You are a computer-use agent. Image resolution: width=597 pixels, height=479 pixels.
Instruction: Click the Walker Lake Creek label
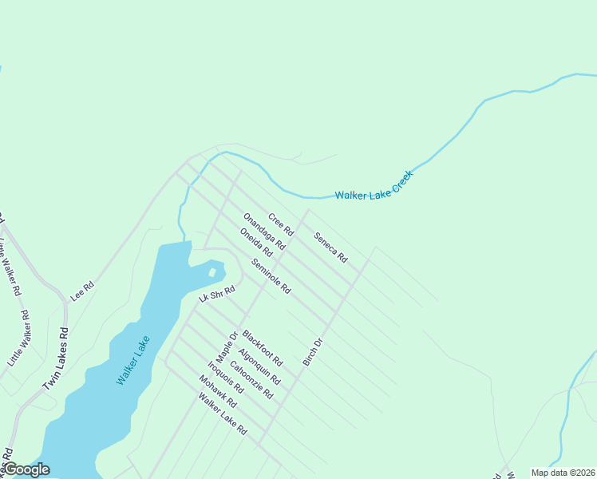374,186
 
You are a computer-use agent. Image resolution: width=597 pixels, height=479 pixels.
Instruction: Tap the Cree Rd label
281,224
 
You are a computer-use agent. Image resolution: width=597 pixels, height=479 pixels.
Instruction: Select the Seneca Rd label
330,247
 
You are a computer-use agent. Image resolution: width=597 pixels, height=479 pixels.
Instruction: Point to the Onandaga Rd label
264,232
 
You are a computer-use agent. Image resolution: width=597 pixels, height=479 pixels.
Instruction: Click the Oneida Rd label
255,242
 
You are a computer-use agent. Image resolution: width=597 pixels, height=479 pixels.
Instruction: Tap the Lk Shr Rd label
216,294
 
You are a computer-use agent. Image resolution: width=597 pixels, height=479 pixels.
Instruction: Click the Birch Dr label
312,352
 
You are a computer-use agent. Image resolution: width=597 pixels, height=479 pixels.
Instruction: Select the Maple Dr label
228,346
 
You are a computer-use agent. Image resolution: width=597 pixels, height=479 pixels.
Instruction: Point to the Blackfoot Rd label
263,348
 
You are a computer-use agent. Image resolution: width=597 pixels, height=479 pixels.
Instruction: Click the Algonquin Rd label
259,366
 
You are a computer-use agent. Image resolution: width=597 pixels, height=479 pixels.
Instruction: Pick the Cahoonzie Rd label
251,380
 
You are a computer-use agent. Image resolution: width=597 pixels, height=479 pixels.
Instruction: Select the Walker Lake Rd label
223,414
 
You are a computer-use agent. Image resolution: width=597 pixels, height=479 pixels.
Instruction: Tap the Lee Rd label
82,291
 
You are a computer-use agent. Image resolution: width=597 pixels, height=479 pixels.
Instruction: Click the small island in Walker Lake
212,273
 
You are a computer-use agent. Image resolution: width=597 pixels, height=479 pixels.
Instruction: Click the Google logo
26,469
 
